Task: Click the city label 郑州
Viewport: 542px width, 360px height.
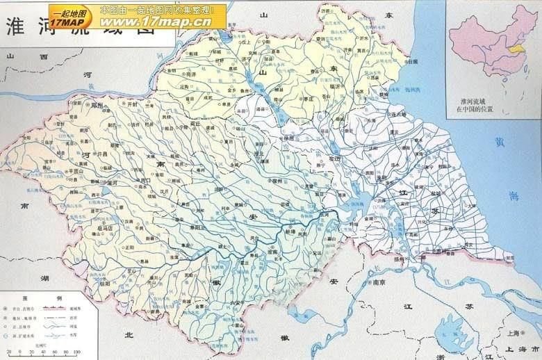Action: (x=96, y=106)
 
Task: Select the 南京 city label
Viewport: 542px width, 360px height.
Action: (x=378, y=283)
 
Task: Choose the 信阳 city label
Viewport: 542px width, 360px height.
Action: (x=105, y=284)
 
